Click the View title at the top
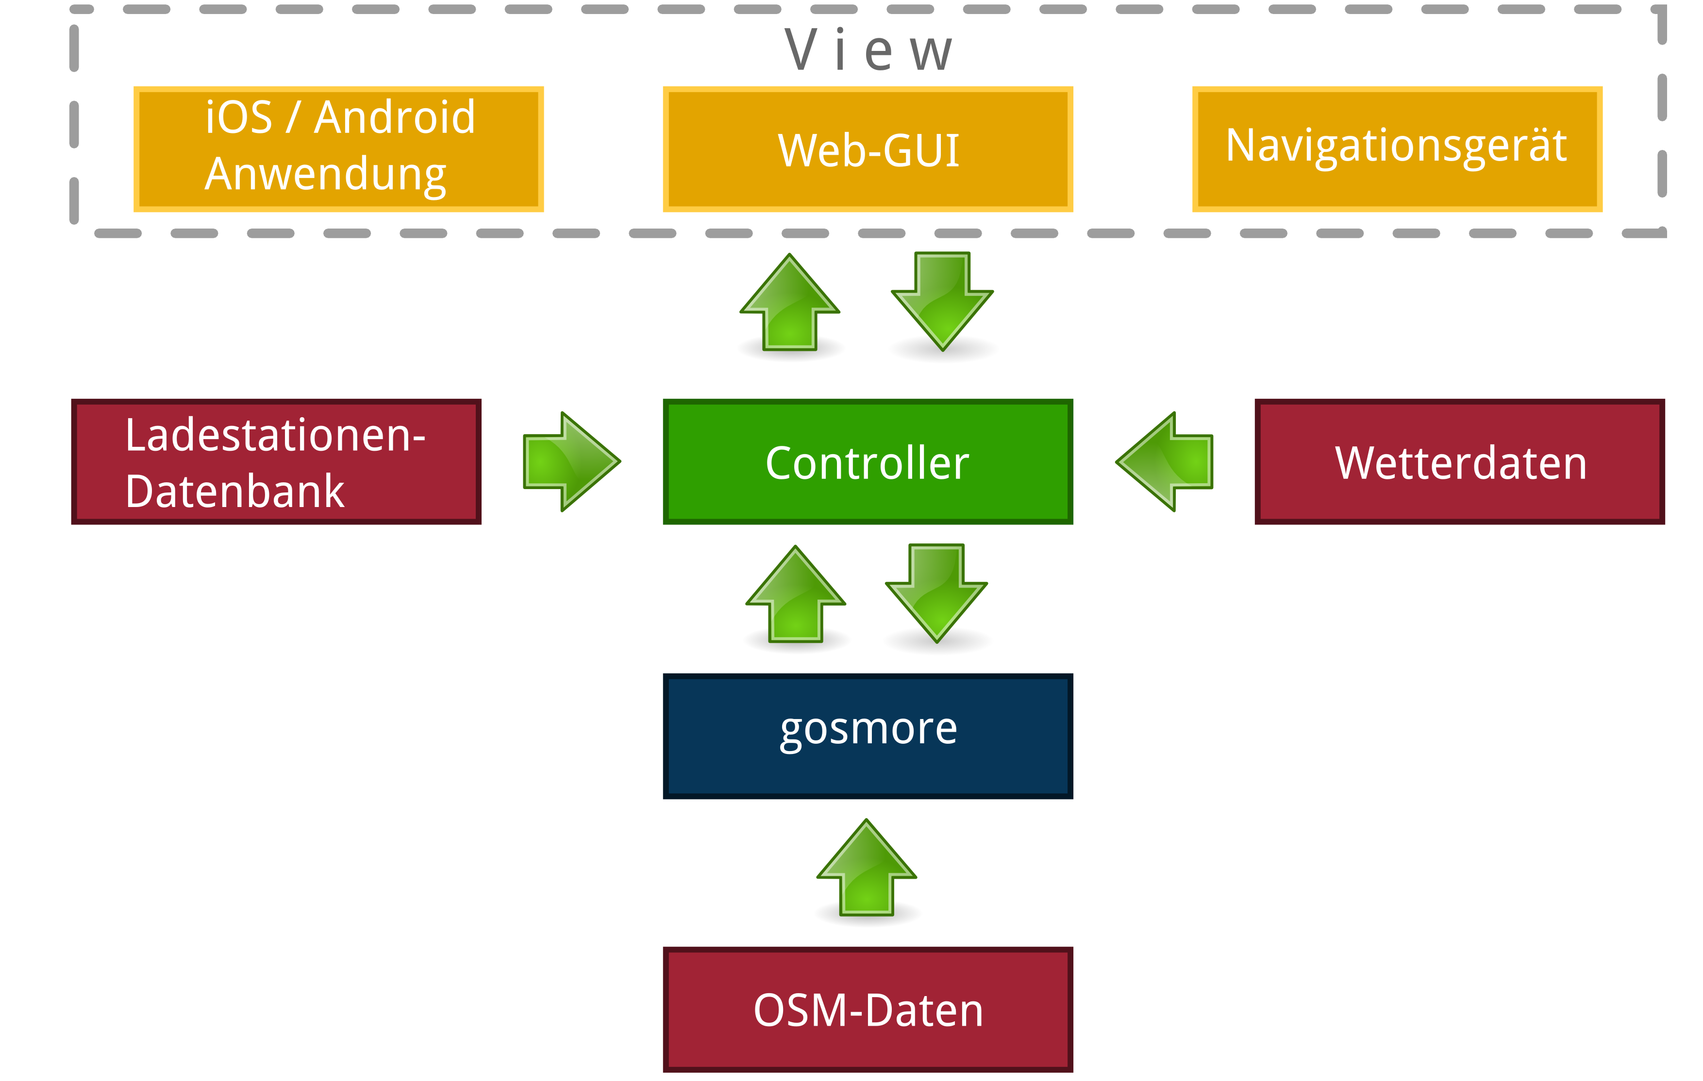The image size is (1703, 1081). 868,51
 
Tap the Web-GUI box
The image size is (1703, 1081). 868,149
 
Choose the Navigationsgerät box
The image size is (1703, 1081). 1397,148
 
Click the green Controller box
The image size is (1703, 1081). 868,462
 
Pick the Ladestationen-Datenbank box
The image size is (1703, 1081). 276,462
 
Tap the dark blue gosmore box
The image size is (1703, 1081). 868,735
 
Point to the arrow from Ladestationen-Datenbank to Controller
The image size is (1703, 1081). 571,462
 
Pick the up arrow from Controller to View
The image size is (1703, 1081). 790,304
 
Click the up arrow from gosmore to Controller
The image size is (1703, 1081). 796,595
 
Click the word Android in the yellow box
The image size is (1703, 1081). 395,117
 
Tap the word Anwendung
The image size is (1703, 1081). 325,174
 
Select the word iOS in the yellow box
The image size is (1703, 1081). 238,117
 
